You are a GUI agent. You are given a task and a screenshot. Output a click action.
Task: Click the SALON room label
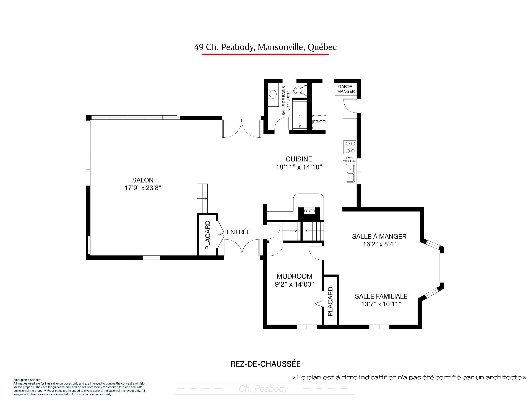[x=143, y=180]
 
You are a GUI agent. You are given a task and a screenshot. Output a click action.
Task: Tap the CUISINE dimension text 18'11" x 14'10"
[x=299, y=167]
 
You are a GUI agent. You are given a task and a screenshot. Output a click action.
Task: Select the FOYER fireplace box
[x=309, y=211]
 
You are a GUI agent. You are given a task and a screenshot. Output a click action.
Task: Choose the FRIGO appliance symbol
[x=319, y=122]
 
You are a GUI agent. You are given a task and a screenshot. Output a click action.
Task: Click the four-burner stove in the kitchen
[x=350, y=147]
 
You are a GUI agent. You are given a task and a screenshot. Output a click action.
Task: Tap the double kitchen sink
[x=350, y=173]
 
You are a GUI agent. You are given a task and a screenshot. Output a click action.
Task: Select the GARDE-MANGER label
[x=346, y=89]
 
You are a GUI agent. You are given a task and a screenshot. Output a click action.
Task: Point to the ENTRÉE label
[x=238, y=232]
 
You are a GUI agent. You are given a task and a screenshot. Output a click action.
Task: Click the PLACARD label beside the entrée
[x=208, y=235]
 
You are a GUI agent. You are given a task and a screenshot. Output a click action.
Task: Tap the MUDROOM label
[x=295, y=276]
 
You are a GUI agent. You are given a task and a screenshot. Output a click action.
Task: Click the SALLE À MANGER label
[x=379, y=236]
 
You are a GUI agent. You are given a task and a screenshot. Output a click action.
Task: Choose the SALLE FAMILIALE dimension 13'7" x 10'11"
[x=381, y=304]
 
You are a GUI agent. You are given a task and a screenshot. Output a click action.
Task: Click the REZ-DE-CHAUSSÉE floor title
[x=265, y=364]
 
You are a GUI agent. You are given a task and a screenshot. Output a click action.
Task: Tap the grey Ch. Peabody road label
[x=263, y=389]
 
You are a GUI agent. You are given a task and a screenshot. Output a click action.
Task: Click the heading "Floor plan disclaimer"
[x=27, y=380]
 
